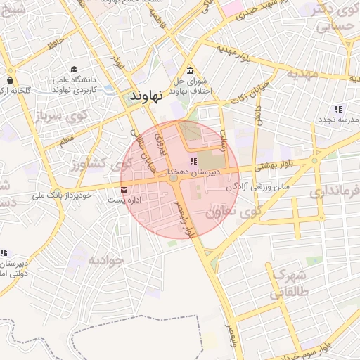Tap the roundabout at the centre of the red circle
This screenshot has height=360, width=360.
[x=173, y=180]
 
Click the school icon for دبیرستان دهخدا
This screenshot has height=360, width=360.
[x=193, y=162]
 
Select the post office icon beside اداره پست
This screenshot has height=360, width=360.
[x=124, y=190]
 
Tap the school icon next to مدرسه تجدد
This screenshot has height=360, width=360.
[x=338, y=109]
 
